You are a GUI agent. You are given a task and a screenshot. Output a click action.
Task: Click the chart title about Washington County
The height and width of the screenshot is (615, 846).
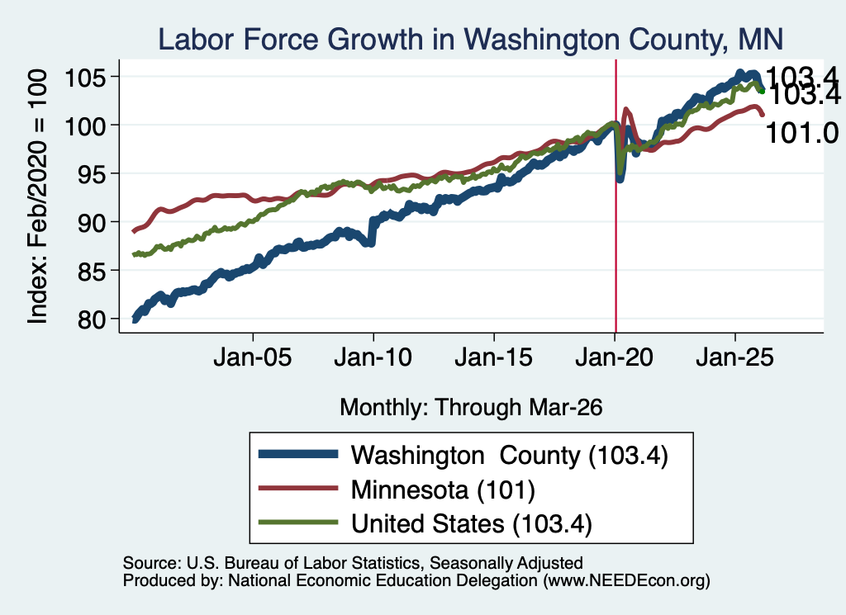point(470,40)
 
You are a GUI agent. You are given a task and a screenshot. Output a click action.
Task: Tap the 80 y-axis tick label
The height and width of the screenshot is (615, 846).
point(91,319)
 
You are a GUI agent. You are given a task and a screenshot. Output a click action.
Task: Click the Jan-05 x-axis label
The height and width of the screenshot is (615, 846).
point(253,357)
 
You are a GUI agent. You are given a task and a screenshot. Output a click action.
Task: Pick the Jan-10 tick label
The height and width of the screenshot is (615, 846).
point(373,357)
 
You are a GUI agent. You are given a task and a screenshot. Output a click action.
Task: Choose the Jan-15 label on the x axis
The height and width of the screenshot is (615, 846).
point(494,357)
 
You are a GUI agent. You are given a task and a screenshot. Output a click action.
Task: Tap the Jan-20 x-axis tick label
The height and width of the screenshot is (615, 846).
point(614,357)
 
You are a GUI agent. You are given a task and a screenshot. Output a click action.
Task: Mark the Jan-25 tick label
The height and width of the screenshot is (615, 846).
point(734,357)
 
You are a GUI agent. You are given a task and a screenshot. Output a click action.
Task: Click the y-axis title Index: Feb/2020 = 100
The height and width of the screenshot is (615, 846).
point(38,196)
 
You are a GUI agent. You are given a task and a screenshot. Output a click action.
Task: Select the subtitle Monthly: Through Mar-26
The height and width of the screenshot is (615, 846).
point(470,408)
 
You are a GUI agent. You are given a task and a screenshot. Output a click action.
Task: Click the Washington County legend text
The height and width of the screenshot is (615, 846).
point(509,456)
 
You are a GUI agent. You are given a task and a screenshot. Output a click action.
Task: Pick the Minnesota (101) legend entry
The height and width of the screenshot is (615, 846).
point(443,490)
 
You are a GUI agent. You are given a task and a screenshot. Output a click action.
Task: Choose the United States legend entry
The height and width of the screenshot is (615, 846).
point(472,524)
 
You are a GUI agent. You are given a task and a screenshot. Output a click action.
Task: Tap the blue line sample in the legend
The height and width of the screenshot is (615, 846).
point(298,454)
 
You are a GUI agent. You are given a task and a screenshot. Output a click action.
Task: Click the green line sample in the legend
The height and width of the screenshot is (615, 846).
point(298,523)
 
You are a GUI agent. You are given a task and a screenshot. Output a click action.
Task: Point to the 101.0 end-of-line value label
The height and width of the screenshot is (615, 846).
point(801,133)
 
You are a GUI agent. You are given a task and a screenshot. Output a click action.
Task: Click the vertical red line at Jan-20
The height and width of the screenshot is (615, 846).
point(615,196)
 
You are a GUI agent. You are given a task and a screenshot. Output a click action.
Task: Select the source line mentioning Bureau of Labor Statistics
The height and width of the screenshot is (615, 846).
point(353,563)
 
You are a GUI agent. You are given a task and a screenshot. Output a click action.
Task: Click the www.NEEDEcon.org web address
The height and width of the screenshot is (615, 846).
point(626,580)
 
